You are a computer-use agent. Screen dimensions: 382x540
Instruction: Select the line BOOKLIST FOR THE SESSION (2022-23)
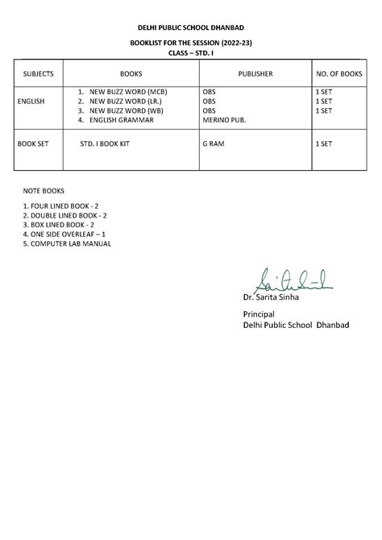[190, 41]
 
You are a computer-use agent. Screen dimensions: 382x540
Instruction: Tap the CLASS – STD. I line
[190, 52]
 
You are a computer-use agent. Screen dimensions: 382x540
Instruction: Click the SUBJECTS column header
[39, 73]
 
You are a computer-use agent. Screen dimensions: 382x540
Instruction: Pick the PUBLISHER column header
[255, 73]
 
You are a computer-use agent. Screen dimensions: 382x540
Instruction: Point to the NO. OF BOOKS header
[339, 73]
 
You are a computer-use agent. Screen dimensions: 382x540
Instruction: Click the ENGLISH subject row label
[31, 102]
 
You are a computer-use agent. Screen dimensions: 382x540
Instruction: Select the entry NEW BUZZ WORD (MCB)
[133, 93]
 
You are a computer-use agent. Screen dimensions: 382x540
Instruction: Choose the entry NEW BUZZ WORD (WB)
[131, 110]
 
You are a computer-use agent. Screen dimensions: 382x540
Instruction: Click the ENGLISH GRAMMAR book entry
[121, 120]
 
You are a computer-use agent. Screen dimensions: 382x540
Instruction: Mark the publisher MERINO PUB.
[225, 120]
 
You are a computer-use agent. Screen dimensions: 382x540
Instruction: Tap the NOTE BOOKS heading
[44, 193]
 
